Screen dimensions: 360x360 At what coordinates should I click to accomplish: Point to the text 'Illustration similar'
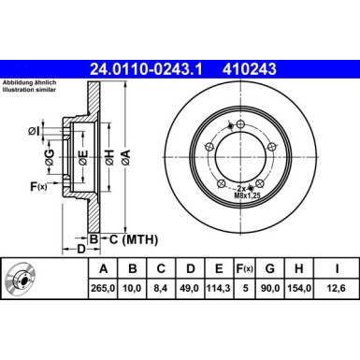coord(31,91)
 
